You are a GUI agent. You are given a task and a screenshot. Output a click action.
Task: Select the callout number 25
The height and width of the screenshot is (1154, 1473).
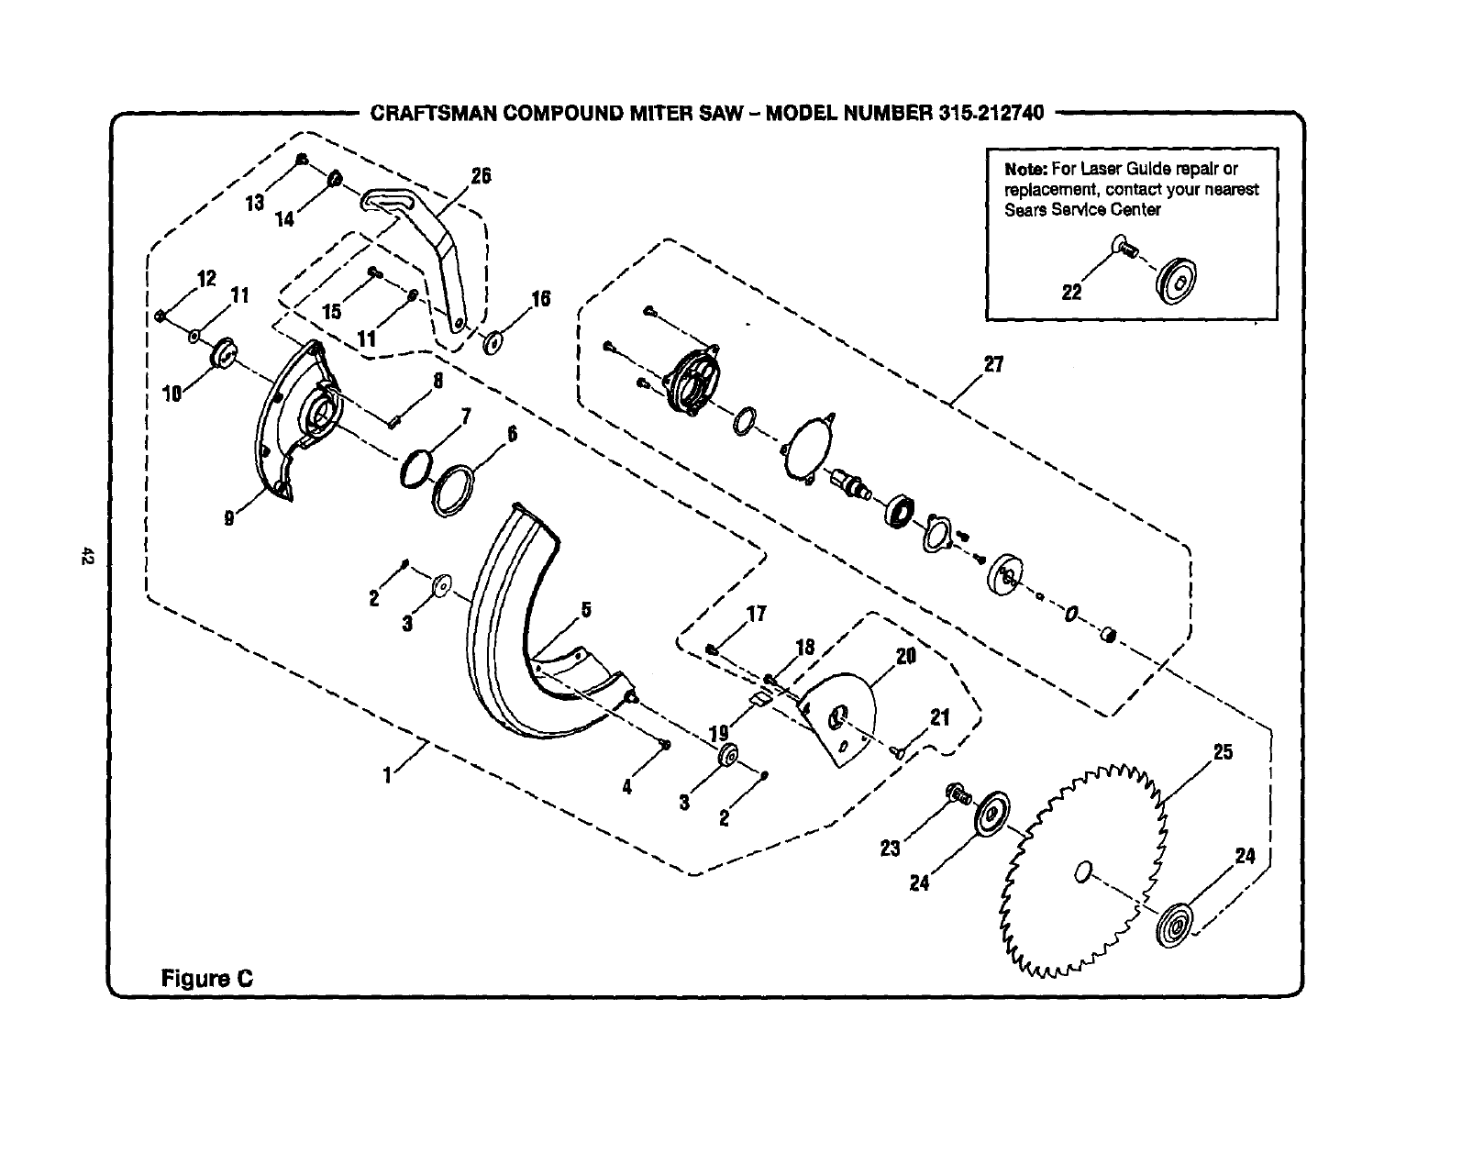pyautogui.click(x=1224, y=753)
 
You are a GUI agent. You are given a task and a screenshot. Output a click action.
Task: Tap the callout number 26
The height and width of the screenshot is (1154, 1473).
pyautogui.click(x=481, y=176)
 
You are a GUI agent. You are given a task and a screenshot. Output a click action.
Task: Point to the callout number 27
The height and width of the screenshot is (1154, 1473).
pyautogui.click(x=993, y=365)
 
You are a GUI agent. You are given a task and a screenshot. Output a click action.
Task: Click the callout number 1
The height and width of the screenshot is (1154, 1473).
pyautogui.click(x=388, y=776)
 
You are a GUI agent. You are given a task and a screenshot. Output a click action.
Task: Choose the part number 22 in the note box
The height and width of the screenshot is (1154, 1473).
pyautogui.click(x=1071, y=293)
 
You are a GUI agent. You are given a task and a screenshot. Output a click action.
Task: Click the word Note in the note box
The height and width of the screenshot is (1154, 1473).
pyautogui.click(x=1023, y=169)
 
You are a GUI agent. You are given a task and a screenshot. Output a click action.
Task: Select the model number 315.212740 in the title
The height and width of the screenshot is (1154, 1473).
pyautogui.click(x=991, y=113)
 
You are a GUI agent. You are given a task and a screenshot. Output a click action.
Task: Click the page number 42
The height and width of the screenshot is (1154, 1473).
pyautogui.click(x=87, y=556)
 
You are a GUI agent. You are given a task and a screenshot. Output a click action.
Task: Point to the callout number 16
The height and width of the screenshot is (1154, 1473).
pyautogui.click(x=541, y=298)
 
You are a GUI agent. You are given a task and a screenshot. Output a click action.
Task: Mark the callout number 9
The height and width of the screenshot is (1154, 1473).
pyautogui.click(x=228, y=519)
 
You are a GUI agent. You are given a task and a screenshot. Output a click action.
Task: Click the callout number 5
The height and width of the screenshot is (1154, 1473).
pyautogui.click(x=586, y=610)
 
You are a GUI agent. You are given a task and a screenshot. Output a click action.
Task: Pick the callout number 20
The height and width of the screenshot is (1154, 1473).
pyautogui.click(x=906, y=657)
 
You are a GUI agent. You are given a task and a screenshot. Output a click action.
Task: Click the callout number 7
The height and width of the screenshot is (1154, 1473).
pyautogui.click(x=466, y=417)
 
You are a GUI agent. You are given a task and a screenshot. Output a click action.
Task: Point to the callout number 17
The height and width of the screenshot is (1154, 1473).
pyautogui.click(x=757, y=614)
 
